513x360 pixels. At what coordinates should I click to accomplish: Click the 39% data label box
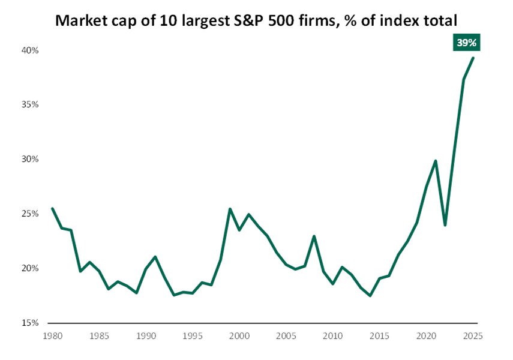pyautogui.click(x=467, y=43)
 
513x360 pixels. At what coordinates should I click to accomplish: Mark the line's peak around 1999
pyautogui.click(x=230, y=209)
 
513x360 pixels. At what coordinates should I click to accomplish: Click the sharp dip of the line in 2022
pyautogui.click(x=445, y=225)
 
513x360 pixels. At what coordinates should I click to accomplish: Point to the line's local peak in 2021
pyautogui.click(x=436, y=161)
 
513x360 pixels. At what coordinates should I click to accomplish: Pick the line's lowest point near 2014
pyautogui.click(x=370, y=295)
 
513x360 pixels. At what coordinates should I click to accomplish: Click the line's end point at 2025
pyautogui.click(x=473, y=58)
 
